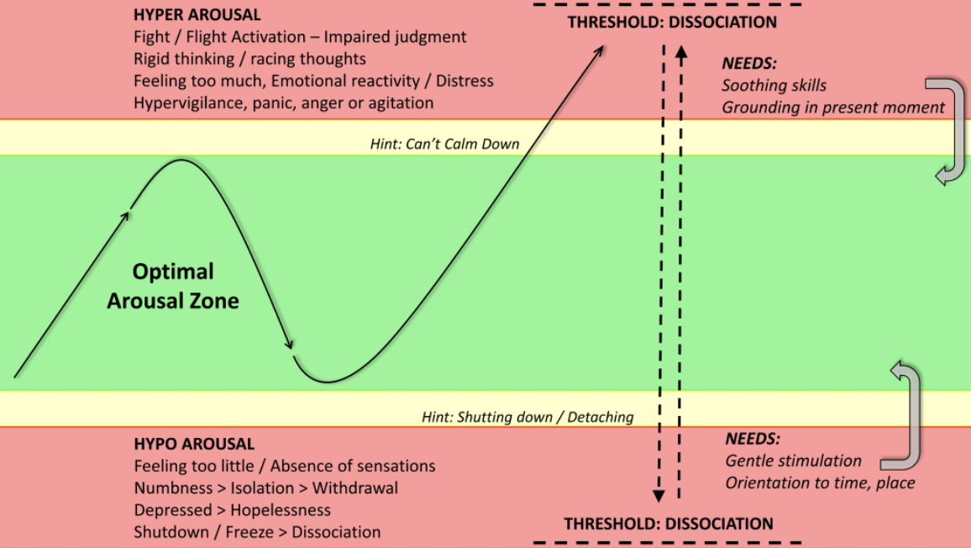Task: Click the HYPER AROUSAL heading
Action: [x=197, y=15]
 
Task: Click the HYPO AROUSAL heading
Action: [x=194, y=444]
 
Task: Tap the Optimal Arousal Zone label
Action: [x=173, y=286]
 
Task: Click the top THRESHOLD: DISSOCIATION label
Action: [x=672, y=23]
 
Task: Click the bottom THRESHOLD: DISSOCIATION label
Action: [x=668, y=524]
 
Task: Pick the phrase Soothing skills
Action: [x=774, y=86]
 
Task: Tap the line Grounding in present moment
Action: [x=833, y=108]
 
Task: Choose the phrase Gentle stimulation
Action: [x=793, y=461]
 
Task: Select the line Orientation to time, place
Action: [x=820, y=483]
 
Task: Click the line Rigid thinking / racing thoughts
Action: [x=249, y=59]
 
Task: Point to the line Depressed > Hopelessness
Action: [x=232, y=510]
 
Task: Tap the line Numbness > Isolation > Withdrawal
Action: [x=266, y=487]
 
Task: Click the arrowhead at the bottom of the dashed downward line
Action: [x=659, y=495]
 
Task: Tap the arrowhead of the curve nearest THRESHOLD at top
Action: [x=599, y=50]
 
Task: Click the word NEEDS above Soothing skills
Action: [x=748, y=63]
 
